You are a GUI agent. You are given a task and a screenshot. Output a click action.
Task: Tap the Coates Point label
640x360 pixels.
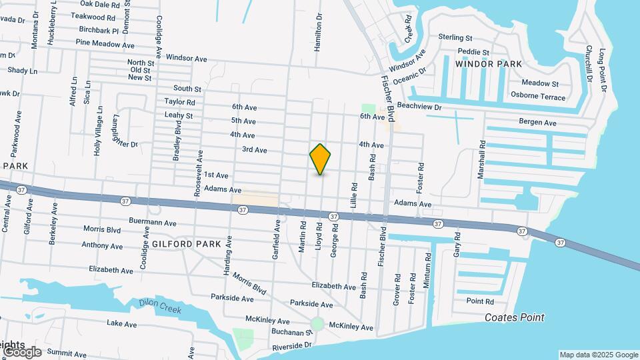[x=515, y=317]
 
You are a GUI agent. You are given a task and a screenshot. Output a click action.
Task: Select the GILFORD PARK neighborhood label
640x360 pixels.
[x=187, y=244]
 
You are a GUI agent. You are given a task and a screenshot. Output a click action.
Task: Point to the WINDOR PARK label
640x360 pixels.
[x=489, y=63]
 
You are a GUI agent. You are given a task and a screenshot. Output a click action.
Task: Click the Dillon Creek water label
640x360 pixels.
[x=160, y=305]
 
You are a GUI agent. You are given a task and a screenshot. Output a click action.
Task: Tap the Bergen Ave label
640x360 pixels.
[x=537, y=123]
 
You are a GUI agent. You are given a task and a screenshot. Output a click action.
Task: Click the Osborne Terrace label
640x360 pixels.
[x=537, y=97]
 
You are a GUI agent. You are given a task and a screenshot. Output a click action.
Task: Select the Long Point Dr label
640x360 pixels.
[x=603, y=69]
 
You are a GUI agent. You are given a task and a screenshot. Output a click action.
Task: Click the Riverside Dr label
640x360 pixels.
[x=292, y=347]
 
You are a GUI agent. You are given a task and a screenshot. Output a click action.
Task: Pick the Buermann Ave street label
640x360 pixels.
[x=153, y=223]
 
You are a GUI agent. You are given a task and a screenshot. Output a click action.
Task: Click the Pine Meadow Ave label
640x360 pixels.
[x=105, y=43]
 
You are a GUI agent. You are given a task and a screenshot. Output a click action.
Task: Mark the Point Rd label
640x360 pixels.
[x=480, y=301]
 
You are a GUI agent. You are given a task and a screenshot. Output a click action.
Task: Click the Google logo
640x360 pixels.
[x=21, y=351]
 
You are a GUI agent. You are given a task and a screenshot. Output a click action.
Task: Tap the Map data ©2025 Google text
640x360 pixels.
[x=598, y=355]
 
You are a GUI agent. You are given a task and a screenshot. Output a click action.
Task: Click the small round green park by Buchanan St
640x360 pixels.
[x=318, y=325]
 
